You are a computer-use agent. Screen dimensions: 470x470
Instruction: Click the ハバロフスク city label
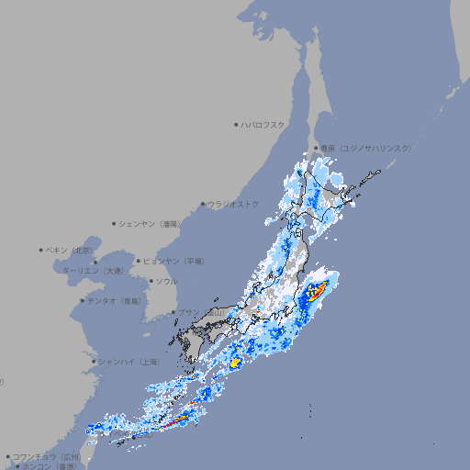263,124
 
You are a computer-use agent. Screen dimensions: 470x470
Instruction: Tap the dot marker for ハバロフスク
236,124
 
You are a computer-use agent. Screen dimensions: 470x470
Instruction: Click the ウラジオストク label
233,204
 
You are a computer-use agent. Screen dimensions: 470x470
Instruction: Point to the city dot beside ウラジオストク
203,205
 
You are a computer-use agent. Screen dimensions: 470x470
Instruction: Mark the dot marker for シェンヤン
114,223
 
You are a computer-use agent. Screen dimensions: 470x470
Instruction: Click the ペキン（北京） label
71,250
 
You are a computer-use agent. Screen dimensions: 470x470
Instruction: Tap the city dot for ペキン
41,250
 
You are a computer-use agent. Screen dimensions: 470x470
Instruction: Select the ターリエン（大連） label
92,271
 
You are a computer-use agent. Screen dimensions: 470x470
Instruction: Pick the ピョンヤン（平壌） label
173,261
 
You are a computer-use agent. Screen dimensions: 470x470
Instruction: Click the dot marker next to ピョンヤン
139,261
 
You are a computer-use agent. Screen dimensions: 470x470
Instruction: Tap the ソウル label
166,281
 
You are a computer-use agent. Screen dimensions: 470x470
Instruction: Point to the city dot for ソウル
150,281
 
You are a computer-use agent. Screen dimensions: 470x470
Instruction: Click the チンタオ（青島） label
114,300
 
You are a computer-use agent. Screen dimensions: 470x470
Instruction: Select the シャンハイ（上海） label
129,361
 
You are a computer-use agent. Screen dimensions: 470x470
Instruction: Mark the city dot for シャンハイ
93,361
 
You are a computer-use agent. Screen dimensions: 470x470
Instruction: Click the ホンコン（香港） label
51,466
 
